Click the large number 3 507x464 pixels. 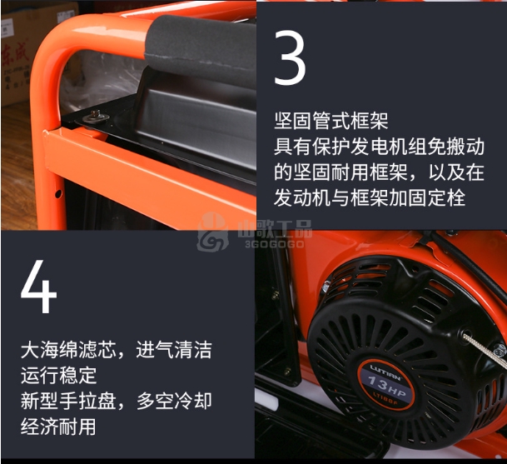(290, 57)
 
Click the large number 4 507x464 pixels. (39, 286)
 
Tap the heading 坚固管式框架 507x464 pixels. (331, 121)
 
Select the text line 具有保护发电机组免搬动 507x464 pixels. (379, 147)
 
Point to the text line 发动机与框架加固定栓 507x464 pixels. (370, 197)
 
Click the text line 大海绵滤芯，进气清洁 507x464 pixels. (117, 350)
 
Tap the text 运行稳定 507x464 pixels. (59, 376)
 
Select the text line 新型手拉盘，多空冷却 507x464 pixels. (117, 401)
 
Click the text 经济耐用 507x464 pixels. (58, 427)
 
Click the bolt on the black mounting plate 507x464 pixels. (95, 116)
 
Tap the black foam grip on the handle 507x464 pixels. (201, 48)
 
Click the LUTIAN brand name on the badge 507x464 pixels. (385, 372)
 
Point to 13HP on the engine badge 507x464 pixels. (387, 386)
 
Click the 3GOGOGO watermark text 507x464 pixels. (275, 244)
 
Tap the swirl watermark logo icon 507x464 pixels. (212, 232)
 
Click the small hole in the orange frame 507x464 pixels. (58, 194)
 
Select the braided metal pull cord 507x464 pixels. (484, 352)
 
